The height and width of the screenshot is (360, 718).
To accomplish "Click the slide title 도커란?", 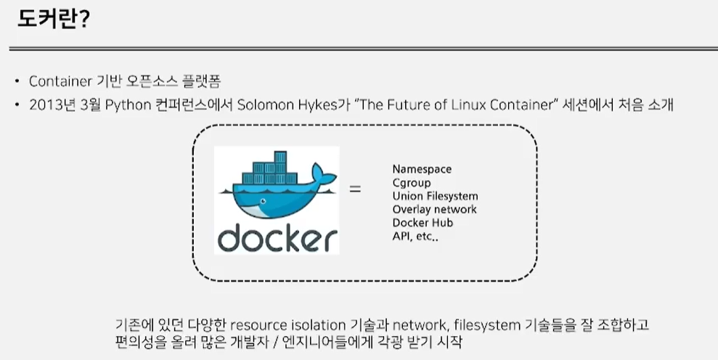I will click(52, 20).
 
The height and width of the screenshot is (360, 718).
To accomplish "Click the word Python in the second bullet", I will click(127, 105).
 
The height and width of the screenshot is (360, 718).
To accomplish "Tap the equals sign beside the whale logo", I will click(355, 190).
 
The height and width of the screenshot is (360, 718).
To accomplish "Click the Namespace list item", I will click(422, 169).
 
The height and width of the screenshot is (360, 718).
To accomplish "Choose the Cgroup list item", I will click(412, 183).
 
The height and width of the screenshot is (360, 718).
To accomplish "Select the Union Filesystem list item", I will click(435, 196).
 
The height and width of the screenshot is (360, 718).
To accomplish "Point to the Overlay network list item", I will click(434, 210).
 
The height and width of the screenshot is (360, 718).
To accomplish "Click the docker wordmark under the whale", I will click(277, 237).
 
